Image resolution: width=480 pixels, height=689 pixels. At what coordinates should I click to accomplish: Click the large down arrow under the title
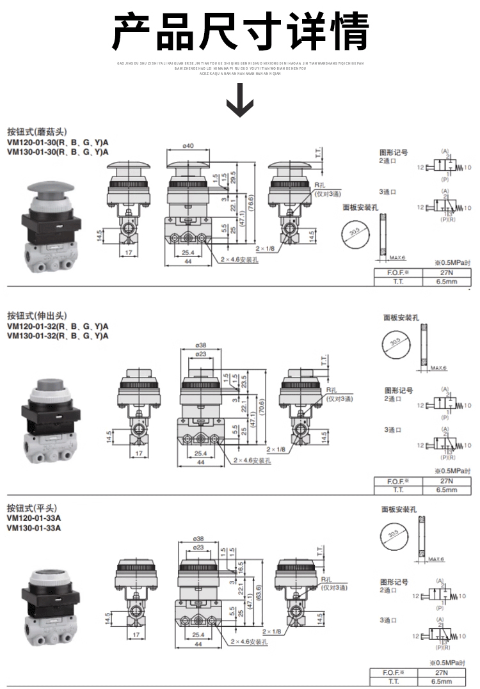(x=240, y=102)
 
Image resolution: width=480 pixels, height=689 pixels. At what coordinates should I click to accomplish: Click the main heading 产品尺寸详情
(x=240, y=31)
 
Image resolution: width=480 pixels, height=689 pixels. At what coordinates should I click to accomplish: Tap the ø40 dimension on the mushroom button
(x=188, y=147)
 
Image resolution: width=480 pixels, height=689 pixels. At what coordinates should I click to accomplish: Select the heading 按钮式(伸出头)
(x=36, y=315)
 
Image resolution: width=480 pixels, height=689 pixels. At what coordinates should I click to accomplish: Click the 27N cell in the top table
(x=444, y=273)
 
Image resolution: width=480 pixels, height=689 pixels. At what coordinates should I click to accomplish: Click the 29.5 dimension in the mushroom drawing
(x=233, y=178)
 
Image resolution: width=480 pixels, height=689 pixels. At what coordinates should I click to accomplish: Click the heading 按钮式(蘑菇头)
(x=36, y=132)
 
